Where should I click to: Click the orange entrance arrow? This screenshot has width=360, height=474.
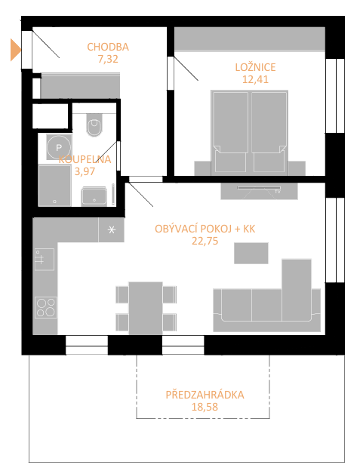tap(15, 50)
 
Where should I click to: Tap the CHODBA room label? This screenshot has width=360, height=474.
tap(108, 47)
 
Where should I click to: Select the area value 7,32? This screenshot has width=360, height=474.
tap(108, 59)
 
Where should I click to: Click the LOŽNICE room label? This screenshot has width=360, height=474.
tap(255, 67)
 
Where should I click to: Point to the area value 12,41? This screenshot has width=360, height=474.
tap(255, 79)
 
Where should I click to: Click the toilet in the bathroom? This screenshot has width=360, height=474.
tap(94, 125)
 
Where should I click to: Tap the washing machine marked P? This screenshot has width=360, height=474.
tap(59, 147)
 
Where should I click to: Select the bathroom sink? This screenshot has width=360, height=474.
tap(94, 196)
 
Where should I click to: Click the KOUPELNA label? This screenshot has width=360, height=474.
tap(85, 159)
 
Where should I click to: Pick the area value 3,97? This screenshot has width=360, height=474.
tap(85, 171)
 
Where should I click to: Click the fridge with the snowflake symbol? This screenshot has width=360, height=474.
tap(111, 229)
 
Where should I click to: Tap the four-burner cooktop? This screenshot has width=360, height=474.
tap(46, 307)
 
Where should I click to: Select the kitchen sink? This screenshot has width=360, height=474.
tap(45, 260)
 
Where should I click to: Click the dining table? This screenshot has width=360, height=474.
tap(146, 308)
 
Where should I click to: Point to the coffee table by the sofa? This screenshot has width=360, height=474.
tap(251, 253)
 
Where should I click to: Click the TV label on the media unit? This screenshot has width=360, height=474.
tap(278, 192)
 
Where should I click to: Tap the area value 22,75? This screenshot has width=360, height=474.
tap(205, 241)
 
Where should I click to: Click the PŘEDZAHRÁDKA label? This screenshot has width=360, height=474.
tap(205, 395)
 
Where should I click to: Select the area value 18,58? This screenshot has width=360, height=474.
tap(205, 407)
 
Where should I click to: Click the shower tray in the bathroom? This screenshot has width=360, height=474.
tap(54, 186)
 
